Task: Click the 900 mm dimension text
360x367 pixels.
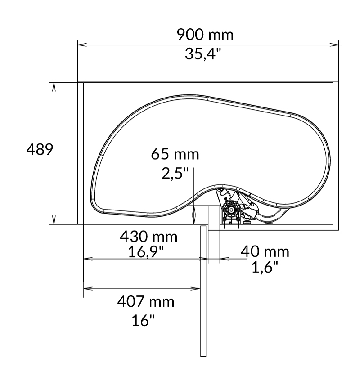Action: coord(205,35)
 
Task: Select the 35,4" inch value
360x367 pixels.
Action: coord(203,54)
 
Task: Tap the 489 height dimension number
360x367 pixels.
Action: coord(40,150)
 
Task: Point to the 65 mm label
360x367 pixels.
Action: coord(175,154)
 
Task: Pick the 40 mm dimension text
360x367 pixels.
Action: coord(265,252)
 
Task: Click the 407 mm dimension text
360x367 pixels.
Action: coord(145,301)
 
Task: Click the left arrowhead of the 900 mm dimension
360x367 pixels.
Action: coord(81,45)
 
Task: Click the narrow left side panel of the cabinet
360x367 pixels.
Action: coord(81,153)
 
